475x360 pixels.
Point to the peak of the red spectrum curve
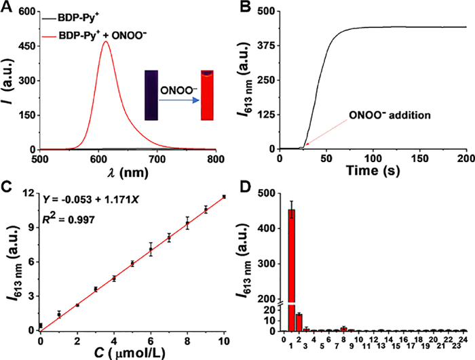click(x=106, y=42)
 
